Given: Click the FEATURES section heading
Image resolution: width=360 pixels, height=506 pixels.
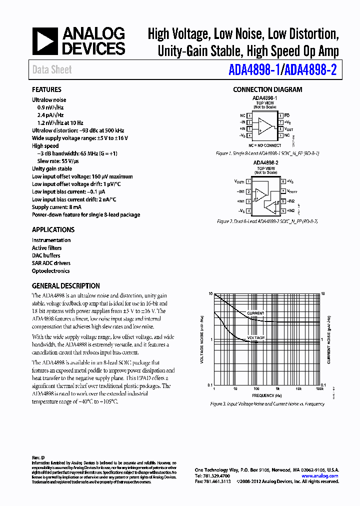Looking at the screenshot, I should tap(46, 90).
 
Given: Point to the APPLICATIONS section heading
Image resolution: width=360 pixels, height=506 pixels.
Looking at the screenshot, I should tap(53, 230).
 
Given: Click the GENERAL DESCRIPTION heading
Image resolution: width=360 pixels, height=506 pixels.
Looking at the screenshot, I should tap(65, 286).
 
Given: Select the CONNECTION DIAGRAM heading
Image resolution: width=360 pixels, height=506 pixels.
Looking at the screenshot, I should tap(267, 90).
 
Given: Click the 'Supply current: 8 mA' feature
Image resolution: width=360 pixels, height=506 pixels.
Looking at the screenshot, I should tap(56, 207).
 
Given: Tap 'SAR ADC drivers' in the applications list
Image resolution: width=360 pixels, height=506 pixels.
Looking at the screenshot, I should tap(51, 263).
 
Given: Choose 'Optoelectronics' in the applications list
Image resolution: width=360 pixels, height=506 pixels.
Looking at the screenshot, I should tap(50, 271).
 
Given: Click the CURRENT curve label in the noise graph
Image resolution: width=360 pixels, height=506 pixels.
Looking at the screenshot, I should tap(255, 313).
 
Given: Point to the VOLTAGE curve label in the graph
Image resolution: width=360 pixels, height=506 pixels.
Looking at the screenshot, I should tap(255, 338).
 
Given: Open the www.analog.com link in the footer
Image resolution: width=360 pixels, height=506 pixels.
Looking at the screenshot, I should tap(322, 476).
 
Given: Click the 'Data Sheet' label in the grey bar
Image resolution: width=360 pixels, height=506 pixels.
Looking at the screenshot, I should tap(52, 70).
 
